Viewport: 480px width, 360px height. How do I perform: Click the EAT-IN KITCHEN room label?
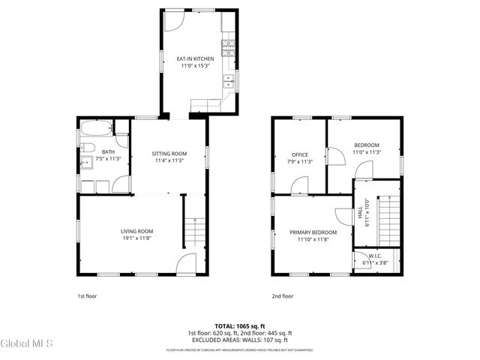click(195, 58)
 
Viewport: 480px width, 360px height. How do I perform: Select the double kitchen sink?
click(232, 82)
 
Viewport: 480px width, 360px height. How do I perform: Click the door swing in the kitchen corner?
click(172, 20)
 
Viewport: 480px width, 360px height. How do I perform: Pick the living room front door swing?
click(186, 263)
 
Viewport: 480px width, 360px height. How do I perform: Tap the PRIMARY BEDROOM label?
click(313, 232)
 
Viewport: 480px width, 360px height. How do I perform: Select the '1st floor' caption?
click(87, 295)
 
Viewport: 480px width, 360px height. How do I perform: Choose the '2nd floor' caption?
click(282, 295)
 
